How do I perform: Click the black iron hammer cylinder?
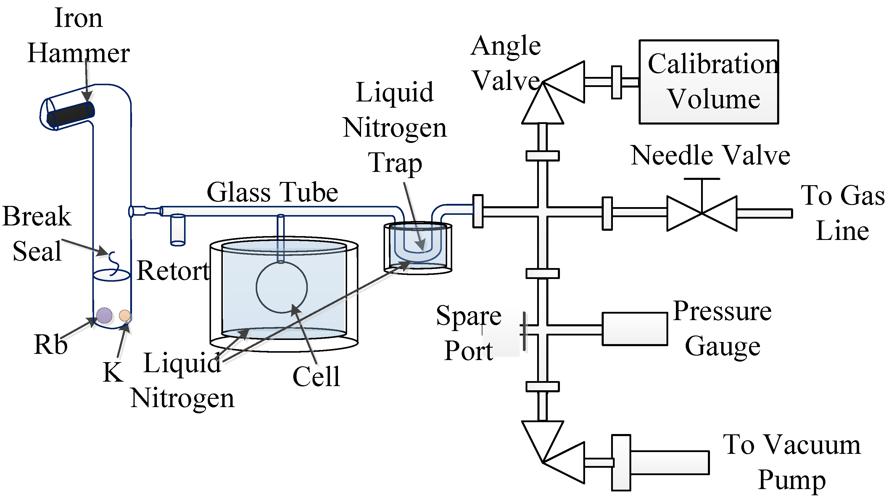[71, 114]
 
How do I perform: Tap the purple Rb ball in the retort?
[104, 315]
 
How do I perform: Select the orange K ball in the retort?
[125, 315]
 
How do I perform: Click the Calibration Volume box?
[708, 82]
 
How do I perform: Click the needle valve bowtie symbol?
[702, 213]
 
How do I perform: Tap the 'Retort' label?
[173, 271]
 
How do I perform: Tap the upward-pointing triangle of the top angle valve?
[542, 107]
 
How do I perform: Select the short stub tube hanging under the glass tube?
[178, 230]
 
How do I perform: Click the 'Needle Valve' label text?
[710, 155]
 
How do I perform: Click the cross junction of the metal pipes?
[542, 211]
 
